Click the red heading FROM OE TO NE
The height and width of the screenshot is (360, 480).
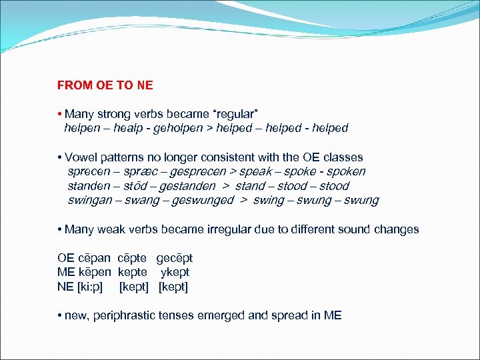(105, 85)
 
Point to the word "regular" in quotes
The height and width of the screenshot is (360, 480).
(229, 114)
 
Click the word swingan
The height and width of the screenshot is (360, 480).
(90, 200)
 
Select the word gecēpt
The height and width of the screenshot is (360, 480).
(174, 258)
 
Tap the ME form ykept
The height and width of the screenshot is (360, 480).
(175, 272)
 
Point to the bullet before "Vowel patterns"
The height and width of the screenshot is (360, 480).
(59, 157)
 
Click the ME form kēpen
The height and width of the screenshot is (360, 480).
(98, 272)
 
